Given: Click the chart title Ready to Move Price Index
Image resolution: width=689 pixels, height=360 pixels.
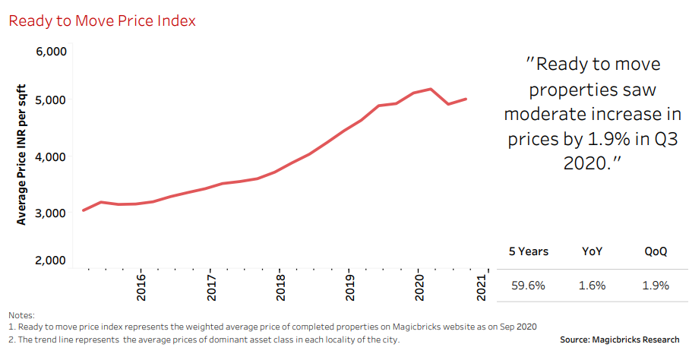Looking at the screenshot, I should [x=102, y=21].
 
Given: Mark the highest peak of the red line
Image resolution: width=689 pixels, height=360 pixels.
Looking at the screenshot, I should [x=431, y=89].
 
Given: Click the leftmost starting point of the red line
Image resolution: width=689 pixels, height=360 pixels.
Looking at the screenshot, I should [x=83, y=210].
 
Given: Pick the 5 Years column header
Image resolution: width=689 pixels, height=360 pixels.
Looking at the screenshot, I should [x=529, y=251].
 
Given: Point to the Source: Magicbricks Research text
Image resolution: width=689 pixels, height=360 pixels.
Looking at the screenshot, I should [x=619, y=339].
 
